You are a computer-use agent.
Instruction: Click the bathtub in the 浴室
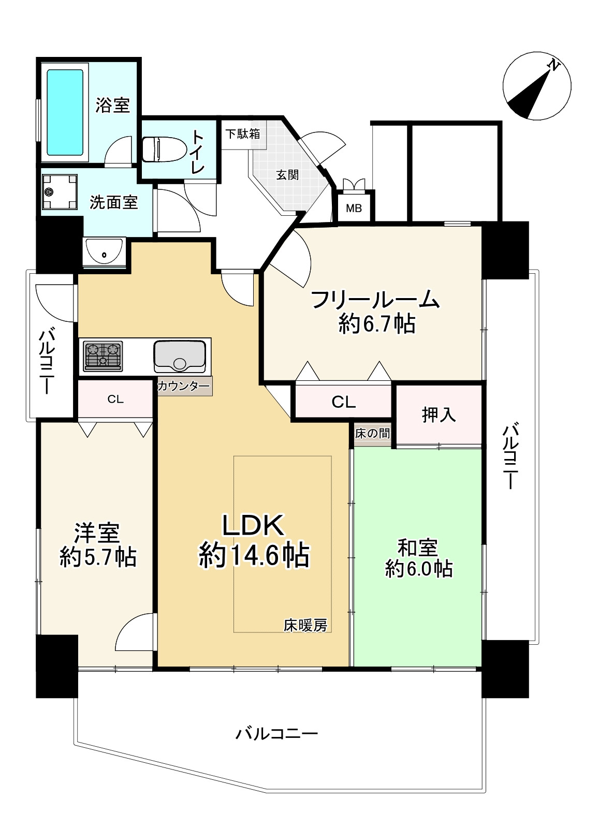pyautogui.click(x=65, y=112)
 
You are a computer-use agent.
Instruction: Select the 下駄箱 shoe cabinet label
pyautogui.click(x=242, y=134)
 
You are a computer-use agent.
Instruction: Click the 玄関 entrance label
pyautogui.click(x=287, y=174)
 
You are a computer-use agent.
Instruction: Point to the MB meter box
pyautogui.click(x=354, y=209)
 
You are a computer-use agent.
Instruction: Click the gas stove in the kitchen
pyautogui.click(x=103, y=356)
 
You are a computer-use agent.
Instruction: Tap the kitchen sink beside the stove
pyautogui.click(x=179, y=356)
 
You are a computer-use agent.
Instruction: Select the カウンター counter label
pyautogui.click(x=184, y=386)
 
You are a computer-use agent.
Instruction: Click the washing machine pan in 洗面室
pyautogui.click(x=60, y=192)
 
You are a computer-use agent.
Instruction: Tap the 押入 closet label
pyautogui.click(x=439, y=414)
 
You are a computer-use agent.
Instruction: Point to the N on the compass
pyautogui.click(x=554, y=66)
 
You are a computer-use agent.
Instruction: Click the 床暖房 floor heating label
pyautogui.click(x=305, y=625)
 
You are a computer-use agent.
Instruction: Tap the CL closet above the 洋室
pyautogui.click(x=115, y=399)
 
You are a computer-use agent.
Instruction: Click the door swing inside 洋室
pyautogui.click(x=136, y=632)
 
